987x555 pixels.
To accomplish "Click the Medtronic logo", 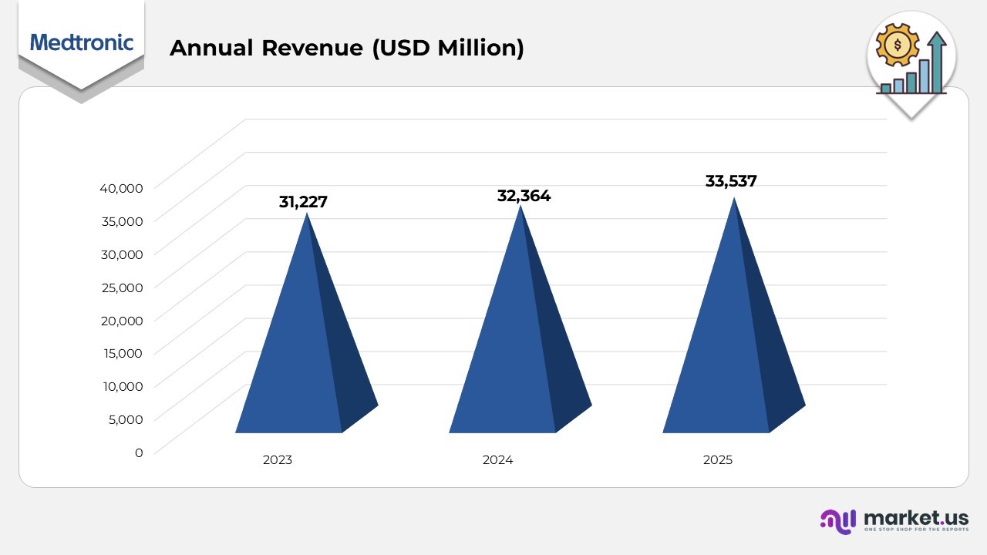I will click(81, 42).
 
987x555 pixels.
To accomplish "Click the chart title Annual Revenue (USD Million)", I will click(346, 48).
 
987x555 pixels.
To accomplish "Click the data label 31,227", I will click(303, 202).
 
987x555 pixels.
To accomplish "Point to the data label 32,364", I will click(524, 196).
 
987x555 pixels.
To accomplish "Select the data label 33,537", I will click(731, 181).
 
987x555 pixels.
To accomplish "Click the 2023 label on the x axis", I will click(278, 460).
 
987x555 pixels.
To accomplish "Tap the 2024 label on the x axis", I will click(497, 460).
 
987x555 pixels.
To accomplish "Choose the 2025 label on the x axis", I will click(718, 460).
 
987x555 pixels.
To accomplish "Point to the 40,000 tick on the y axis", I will click(121, 187).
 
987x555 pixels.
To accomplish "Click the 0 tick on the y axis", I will click(139, 452).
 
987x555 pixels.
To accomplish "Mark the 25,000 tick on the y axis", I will click(121, 287).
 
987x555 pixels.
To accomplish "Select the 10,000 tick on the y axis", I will click(121, 386).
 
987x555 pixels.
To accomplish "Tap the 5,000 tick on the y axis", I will click(124, 419).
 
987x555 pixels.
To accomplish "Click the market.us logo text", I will click(916, 517).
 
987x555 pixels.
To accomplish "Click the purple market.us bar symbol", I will click(838, 520).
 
